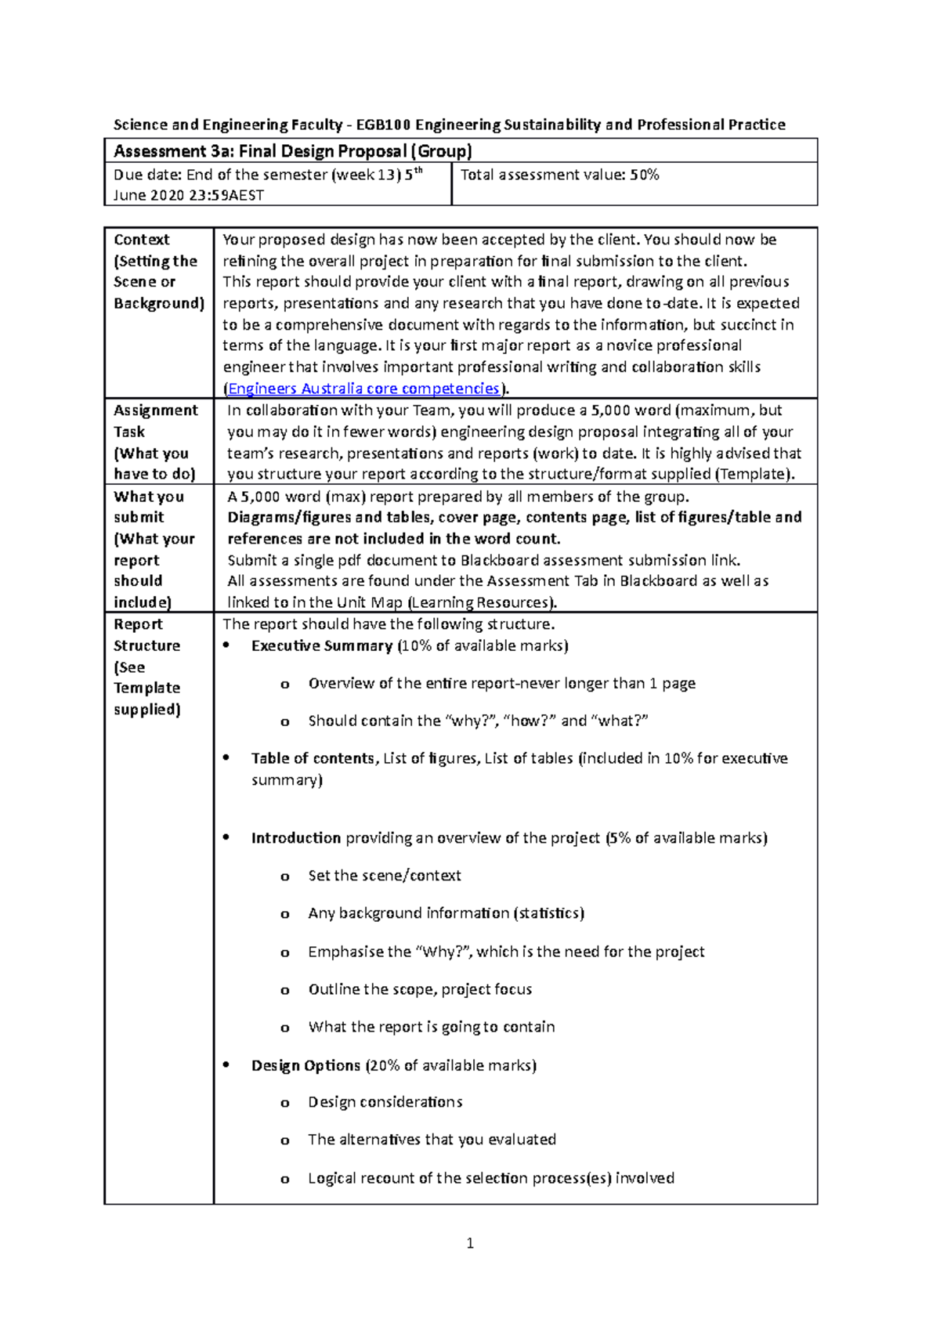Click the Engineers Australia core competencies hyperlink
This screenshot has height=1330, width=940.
(363, 389)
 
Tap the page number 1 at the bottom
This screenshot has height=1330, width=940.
(470, 1243)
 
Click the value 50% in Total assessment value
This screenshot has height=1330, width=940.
(645, 175)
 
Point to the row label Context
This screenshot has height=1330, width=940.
(142, 240)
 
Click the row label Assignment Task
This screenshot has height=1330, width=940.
(155, 421)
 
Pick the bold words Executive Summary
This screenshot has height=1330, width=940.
(321, 645)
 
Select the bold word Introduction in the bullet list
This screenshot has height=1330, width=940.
(295, 838)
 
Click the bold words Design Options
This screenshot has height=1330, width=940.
(305, 1065)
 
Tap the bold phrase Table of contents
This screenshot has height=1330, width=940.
(313, 758)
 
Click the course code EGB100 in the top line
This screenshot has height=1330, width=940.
(383, 125)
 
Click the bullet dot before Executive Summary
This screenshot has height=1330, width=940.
(226, 645)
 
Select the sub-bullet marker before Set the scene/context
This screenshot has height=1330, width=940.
(285, 876)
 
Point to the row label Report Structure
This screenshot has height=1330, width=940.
(146, 635)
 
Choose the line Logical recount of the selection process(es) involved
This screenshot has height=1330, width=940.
(490, 1178)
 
